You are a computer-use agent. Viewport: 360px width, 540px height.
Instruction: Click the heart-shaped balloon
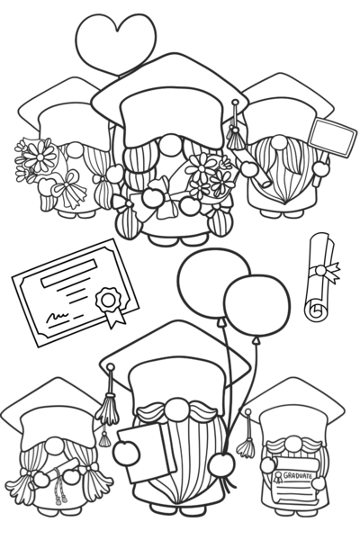pyautogui.click(x=116, y=39)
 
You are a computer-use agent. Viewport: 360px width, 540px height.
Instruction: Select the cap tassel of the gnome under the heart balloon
pyautogui.click(x=235, y=135)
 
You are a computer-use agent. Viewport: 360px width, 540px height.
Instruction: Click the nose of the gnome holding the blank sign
pyautogui.click(x=281, y=141)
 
